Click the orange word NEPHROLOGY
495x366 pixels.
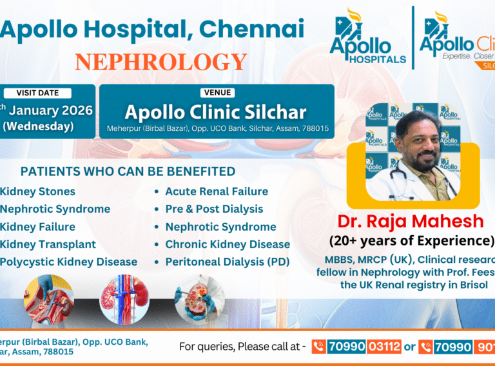(x=160, y=62)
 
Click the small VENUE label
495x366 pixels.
(x=217, y=93)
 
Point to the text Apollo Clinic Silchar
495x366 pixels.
(x=216, y=112)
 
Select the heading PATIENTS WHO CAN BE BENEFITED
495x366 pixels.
(x=128, y=171)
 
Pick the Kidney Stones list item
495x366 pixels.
(x=37, y=191)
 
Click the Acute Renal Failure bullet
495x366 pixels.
(x=217, y=191)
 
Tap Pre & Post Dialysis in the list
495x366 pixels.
(x=214, y=209)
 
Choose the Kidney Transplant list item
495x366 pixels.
(x=48, y=244)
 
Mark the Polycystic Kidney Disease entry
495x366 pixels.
(x=68, y=262)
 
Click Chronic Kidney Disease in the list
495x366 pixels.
(x=228, y=244)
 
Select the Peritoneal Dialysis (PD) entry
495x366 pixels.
(x=228, y=262)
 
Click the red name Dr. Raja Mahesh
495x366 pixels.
(x=410, y=222)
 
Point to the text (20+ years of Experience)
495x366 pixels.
(x=411, y=241)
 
